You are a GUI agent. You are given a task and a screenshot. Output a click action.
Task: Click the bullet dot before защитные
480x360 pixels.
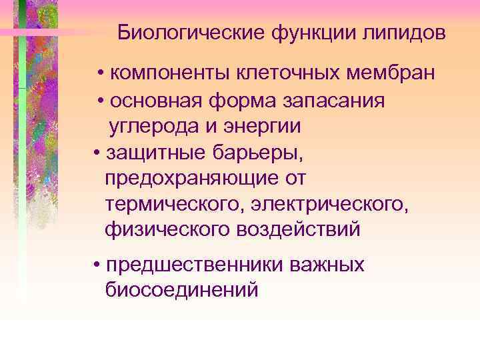click(98, 154)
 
